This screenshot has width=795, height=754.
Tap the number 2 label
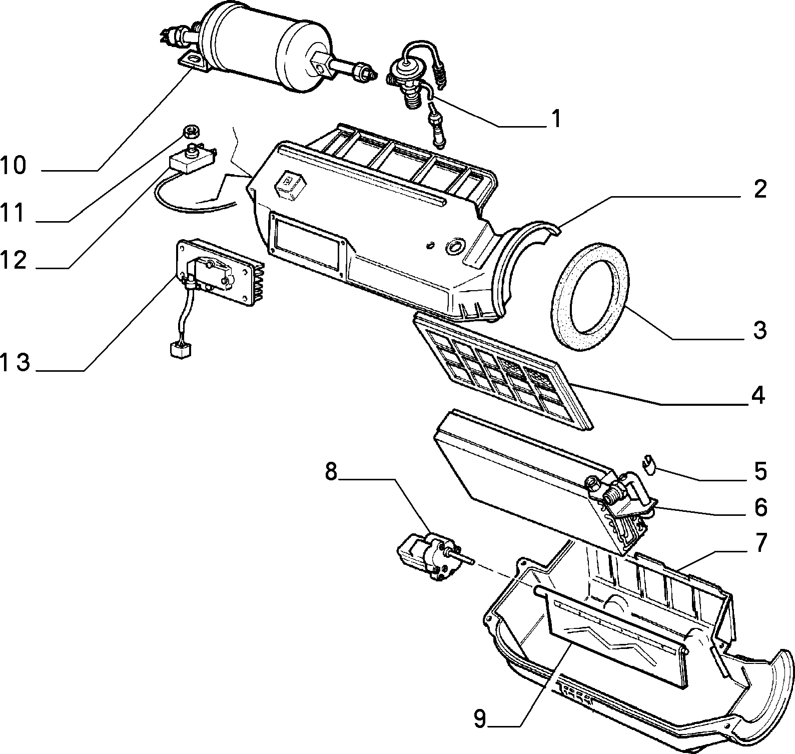click(x=759, y=190)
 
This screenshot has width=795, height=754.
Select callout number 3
click(x=759, y=331)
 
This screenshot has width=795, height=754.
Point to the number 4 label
click(x=757, y=395)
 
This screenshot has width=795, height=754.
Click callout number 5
click(x=760, y=471)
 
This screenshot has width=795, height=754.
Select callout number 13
click(x=16, y=363)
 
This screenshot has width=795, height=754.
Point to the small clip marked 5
click(x=649, y=463)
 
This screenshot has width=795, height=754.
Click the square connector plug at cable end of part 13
click(x=178, y=348)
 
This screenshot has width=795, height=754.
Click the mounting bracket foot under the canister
click(x=193, y=63)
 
